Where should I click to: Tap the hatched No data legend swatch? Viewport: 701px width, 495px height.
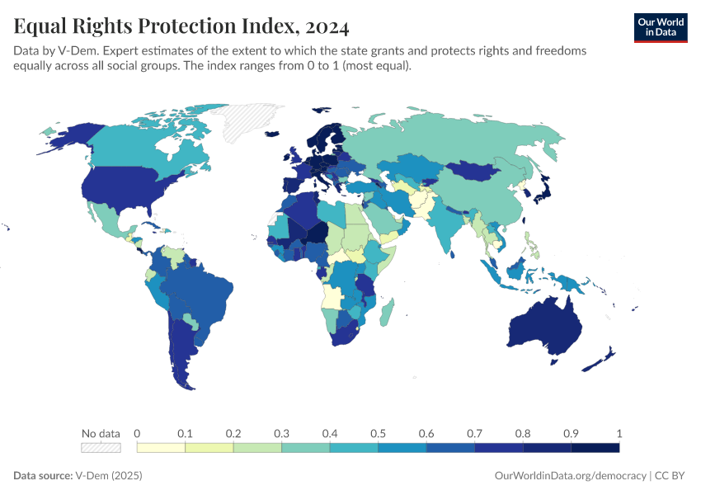click(101, 448)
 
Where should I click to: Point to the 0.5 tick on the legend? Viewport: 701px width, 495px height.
click(378, 433)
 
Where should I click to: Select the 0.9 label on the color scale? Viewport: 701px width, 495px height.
click(571, 433)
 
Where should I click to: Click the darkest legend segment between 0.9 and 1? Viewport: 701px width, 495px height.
click(595, 448)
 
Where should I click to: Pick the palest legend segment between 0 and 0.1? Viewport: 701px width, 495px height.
click(161, 448)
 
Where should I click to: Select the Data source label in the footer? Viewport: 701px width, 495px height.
click(43, 476)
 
